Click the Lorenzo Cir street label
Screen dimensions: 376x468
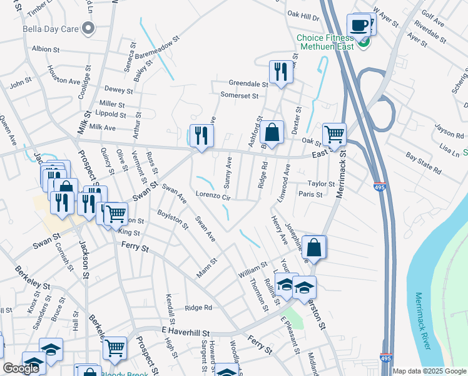214,196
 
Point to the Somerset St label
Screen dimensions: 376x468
239,95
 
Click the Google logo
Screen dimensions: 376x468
21,368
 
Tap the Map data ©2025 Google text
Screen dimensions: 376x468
429,371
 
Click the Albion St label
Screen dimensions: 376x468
45,49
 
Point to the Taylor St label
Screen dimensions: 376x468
322,184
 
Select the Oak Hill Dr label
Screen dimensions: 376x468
303,14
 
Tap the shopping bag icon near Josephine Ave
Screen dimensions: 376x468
314,247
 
